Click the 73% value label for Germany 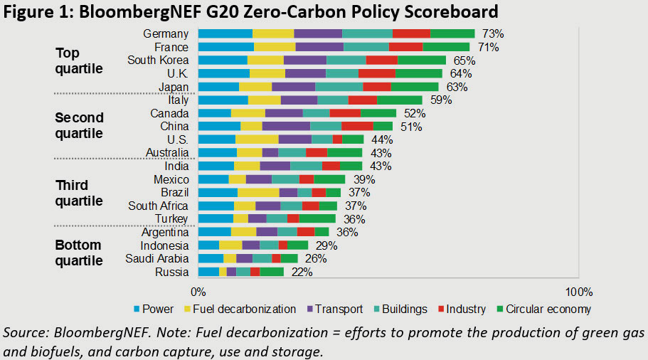(x=493, y=34)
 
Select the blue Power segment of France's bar (x=225, y=47)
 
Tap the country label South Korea (x=158, y=60)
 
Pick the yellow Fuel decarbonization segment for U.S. (x=257, y=139)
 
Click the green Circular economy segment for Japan (x=414, y=87)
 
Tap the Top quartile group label (x=79, y=61)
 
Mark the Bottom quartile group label (x=79, y=253)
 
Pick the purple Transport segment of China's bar (x=286, y=126)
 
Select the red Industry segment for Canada (x=345, y=113)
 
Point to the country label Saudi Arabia (x=157, y=258)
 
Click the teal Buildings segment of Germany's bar (x=367, y=34)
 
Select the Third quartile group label (x=79, y=193)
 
